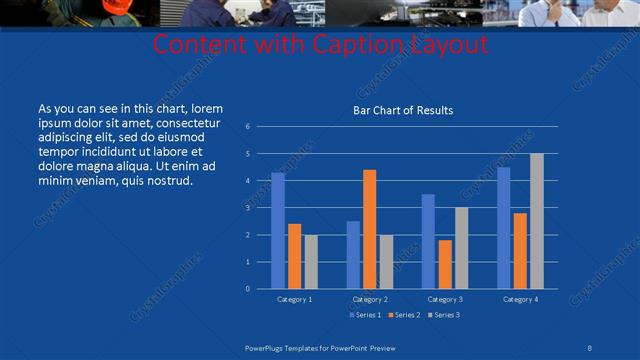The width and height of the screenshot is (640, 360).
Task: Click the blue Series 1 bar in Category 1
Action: coord(277,231)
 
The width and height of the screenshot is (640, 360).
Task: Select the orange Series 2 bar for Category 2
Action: coord(370,229)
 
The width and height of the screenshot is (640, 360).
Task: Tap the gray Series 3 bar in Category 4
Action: coord(537,221)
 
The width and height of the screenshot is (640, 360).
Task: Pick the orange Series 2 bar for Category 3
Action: coord(445,264)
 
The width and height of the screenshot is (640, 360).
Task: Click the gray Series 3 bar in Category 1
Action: coord(311,262)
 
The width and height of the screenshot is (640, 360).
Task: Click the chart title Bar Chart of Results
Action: coord(403,110)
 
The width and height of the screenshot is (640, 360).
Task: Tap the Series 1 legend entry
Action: coord(364,315)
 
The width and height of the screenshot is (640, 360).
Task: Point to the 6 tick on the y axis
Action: coord(248,127)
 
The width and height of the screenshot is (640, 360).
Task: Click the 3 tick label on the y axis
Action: coord(248,208)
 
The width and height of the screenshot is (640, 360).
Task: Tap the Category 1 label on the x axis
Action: coord(294,299)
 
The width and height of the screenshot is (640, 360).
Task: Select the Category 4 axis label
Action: coord(520,299)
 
